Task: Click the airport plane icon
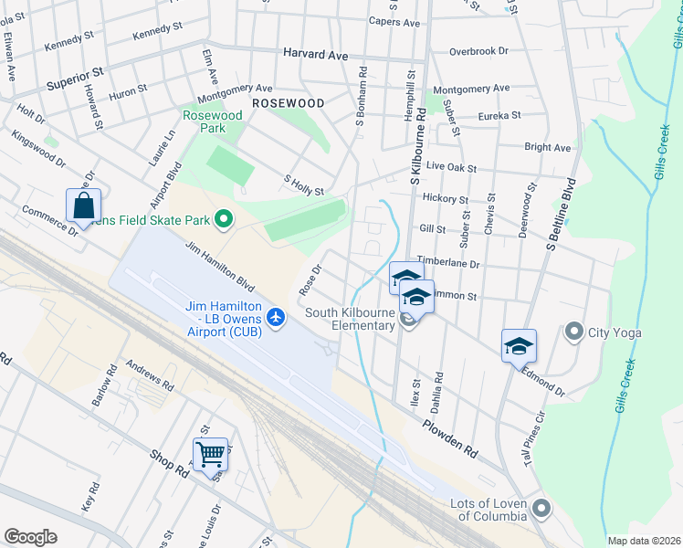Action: [x=277, y=318]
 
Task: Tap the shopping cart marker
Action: [x=210, y=452]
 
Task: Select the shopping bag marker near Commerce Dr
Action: [x=83, y=205]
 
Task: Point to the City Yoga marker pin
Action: [x=574, y=331]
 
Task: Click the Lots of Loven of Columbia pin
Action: [x=541, y=508]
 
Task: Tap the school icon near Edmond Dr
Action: [x=519, y=345]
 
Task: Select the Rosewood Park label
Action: [x=213, y=122]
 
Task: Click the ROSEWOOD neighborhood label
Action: [x=288, y=103]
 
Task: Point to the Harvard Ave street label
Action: [x=315, y=55]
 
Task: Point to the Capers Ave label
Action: [x=394, y=21]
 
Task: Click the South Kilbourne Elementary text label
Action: [x=350, y=319]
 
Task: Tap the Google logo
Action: [x=30, y=537]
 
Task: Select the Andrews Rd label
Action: [x=150, y=374]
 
